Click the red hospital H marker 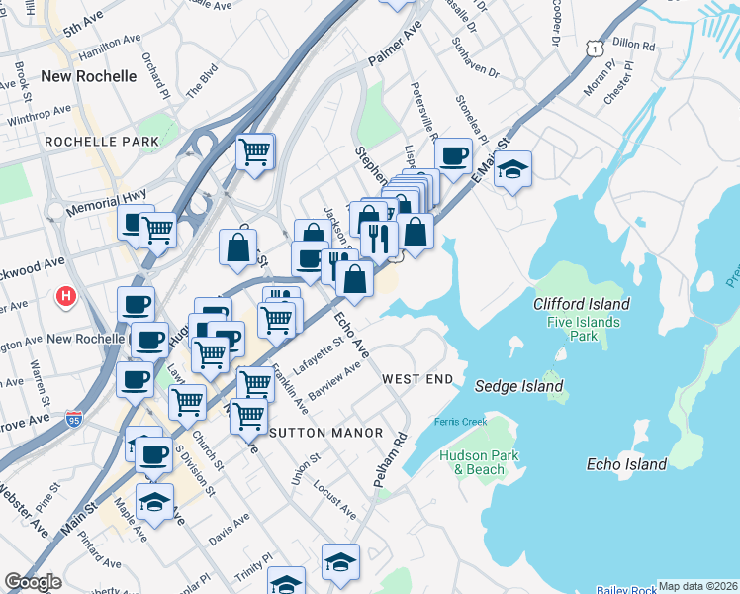click(66, 295)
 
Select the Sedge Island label click(518, 386)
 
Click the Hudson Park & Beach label click(473, 462)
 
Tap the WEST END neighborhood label click(417, 379)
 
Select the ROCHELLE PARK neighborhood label click(102, 142)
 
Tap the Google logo click(33, 582)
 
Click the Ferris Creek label click(459, 423)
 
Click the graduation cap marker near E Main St click(512, 169)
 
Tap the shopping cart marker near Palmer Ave click(255, 152)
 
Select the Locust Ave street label click(333, 501)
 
